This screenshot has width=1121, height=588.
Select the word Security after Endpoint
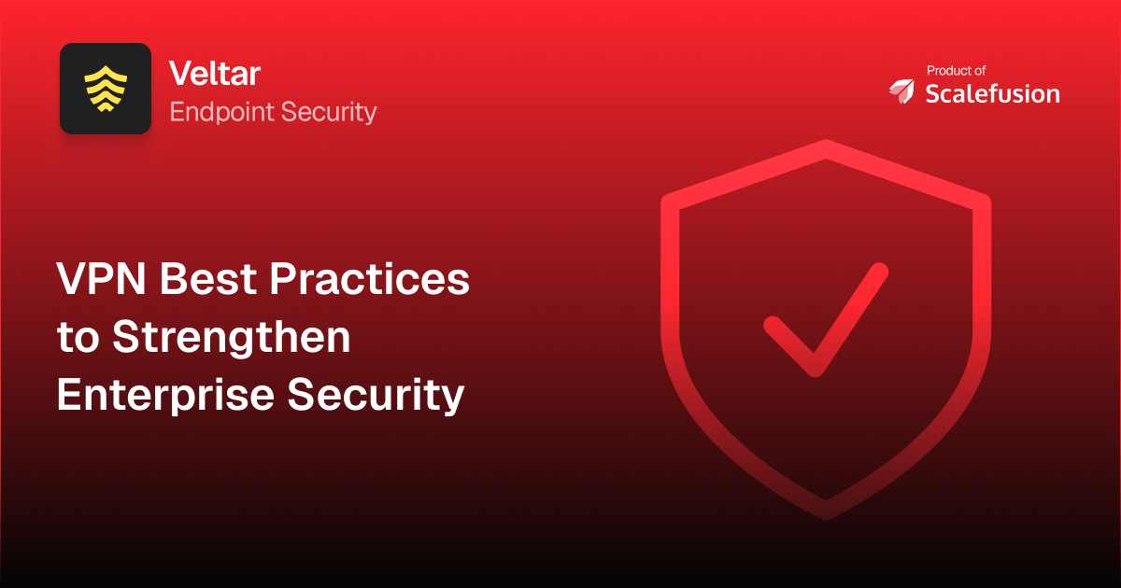(333, 113)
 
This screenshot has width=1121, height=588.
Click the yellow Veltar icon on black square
(106, 89)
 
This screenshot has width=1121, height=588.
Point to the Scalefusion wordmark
(992, 93)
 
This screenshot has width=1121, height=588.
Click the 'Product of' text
(956, 70)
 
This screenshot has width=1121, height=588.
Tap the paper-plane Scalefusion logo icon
(902, 91)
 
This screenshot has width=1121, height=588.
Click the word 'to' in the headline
(78, 338)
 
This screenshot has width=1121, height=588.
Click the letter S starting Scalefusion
(932, 93)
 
